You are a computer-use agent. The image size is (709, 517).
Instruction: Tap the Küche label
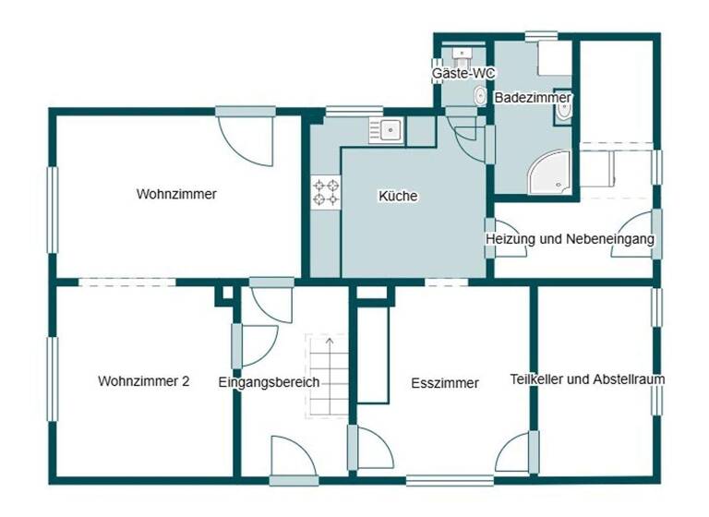398,197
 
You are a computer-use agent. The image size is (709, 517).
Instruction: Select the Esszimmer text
445,383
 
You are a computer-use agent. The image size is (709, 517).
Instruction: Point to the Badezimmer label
533,97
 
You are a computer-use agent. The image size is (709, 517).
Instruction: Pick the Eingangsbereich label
269,382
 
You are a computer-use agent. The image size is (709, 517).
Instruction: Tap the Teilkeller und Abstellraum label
587,379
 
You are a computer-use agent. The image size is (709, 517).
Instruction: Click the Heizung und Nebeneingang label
571,239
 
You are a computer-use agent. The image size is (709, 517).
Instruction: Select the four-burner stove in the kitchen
325,192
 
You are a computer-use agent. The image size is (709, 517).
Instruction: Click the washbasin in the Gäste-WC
458,53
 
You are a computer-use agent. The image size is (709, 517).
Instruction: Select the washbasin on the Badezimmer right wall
564,111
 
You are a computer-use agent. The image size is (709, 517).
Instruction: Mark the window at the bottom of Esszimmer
436,480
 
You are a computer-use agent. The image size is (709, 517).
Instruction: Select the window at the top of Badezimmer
541,37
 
